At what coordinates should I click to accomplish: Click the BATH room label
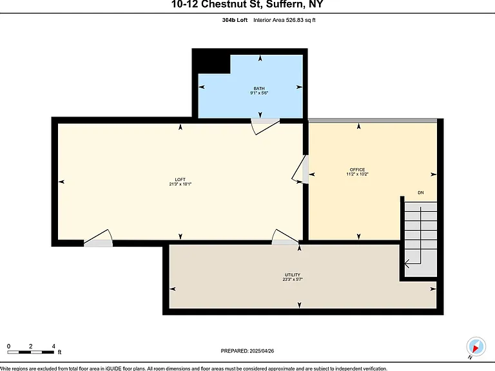pyautogui.click(x=259, y=88)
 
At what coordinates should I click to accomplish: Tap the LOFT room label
pyautogui.click(x=180, y=180)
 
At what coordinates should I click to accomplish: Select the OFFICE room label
pyautogui.click(x=357, y=170)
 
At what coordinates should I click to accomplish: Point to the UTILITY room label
pyautogui.click(x=293, y=275)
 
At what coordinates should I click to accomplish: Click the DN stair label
pyautogui.click(x=420, y=193)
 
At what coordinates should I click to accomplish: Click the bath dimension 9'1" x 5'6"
pyautogui.click(x=259, y=93)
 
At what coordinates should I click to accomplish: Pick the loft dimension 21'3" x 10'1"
pyautogui.click(x=180, y=184)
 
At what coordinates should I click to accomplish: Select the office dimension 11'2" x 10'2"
pyautogui.click(x=357, y=174)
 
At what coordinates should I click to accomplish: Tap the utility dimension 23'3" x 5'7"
pyautogui.click(x=293, y=279)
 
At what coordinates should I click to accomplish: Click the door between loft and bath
pyautogui.click(x=265, y=126)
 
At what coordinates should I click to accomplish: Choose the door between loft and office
pyautogui.click(x=300, y=169)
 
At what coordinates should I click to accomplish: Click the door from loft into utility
pyautogui.click(x=285, y=236)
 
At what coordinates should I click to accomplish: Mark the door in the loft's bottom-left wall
pyautogui.click(x=98, y=238)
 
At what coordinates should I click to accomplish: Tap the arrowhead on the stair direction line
pyautogui.click(x=407, y=263)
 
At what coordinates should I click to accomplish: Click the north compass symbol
pyautogui.click(x=476, y=347)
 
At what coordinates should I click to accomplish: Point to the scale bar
pyautogui.click(x=31, y=352)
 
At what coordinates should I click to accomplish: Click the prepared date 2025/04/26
pyautogui.click(x=262, y=351)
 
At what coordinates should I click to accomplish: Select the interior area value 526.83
pyautogui.click(x=295, y=20)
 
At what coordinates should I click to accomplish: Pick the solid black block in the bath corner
pyautogui.click(x=211, y=61)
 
